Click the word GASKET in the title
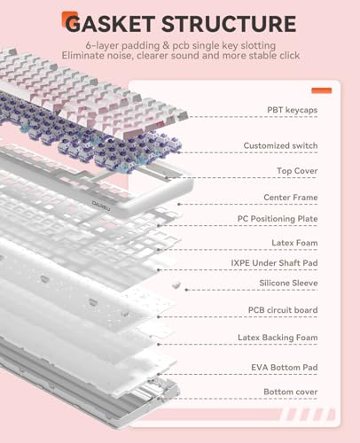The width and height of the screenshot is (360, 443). point(110,24)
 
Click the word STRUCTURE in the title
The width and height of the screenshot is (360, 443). point(229,24)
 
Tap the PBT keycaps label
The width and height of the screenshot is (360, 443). point(293,110)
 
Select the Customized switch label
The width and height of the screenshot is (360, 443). point(280,145)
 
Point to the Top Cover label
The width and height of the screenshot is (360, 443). point(297,171)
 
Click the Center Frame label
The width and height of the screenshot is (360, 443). point(291,198)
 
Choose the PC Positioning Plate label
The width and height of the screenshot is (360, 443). point(278,219)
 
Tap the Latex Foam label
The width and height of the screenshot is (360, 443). point(294,243)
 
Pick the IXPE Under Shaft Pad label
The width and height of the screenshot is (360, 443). point(274,263)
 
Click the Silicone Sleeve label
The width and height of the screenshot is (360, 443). point(288,283)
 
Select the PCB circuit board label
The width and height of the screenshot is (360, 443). point(283,310)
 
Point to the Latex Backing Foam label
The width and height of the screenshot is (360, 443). point(278,338)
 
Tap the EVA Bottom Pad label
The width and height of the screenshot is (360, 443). point(285,368)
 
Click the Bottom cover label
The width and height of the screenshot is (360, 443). point(291,392)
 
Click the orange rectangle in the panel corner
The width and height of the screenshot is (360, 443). point(322,90)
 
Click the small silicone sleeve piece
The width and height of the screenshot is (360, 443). point(176,285)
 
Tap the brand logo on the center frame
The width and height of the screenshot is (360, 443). point(101,204)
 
